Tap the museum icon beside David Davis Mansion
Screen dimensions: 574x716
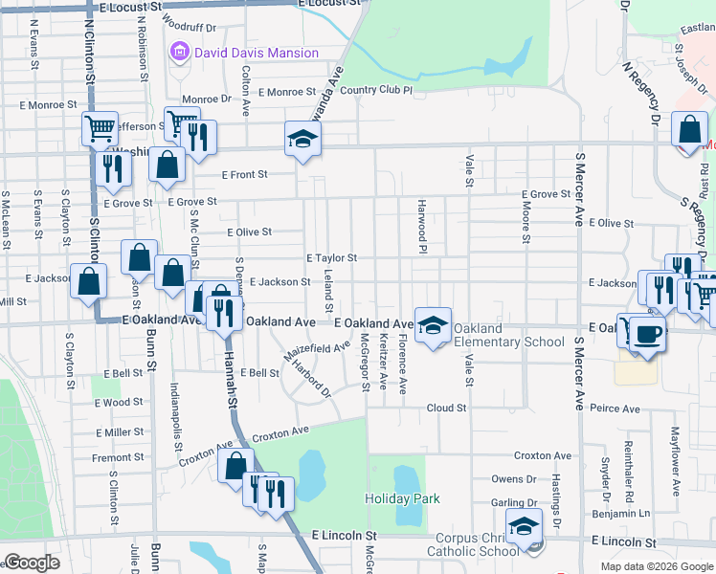pyautogui.click(x=179, y=53)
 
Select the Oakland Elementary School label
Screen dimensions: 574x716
pyautogui.click(x=508, y=335)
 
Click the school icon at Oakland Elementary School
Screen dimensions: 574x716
pyautogui.click(x=433, y=325)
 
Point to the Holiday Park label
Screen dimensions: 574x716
pyautogui.click(x=402, y=498)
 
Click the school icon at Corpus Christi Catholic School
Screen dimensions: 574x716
pyautogui.click(x=524, y=527)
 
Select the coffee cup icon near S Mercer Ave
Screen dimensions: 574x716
pyautogui.click(x=647, y=334)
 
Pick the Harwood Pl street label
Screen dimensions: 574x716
pyautogui.click(x=420, y=226)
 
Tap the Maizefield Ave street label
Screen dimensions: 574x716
pyautogui.click(x=317, y=354)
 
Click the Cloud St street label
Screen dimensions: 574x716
pyautogui.click(x=446, y=408)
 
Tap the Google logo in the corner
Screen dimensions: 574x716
pyautogui.click(x=33, y=563)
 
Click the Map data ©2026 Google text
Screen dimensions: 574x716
pyautogui.click(x=657, y=566)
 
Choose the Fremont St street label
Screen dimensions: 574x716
pyautogui.click(x=118, y=458)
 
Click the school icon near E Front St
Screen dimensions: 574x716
pyautogui.click(x=302, y=140)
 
